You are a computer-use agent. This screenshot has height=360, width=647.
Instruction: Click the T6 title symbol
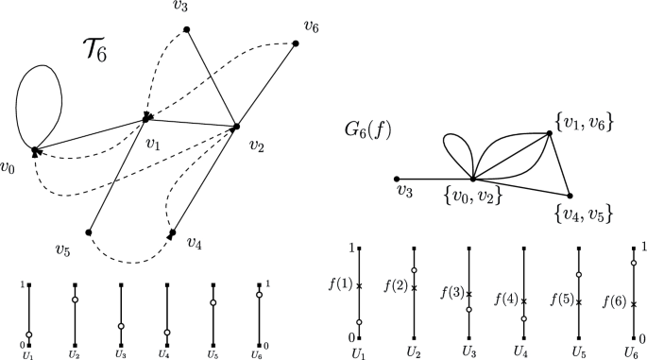(x=93, y=50)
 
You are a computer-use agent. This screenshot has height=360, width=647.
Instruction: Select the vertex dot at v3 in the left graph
(x=187, y=30)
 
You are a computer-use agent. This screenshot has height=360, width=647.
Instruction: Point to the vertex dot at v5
(x=88, y=231)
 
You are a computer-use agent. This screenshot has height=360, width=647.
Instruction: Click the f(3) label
(x=452, y=294)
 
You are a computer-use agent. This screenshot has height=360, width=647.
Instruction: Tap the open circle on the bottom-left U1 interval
(x=29, y=334)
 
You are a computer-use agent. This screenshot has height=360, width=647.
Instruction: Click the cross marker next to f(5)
(x=579, y=302)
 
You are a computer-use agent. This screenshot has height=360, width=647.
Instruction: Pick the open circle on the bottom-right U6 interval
(x=633, y=263)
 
